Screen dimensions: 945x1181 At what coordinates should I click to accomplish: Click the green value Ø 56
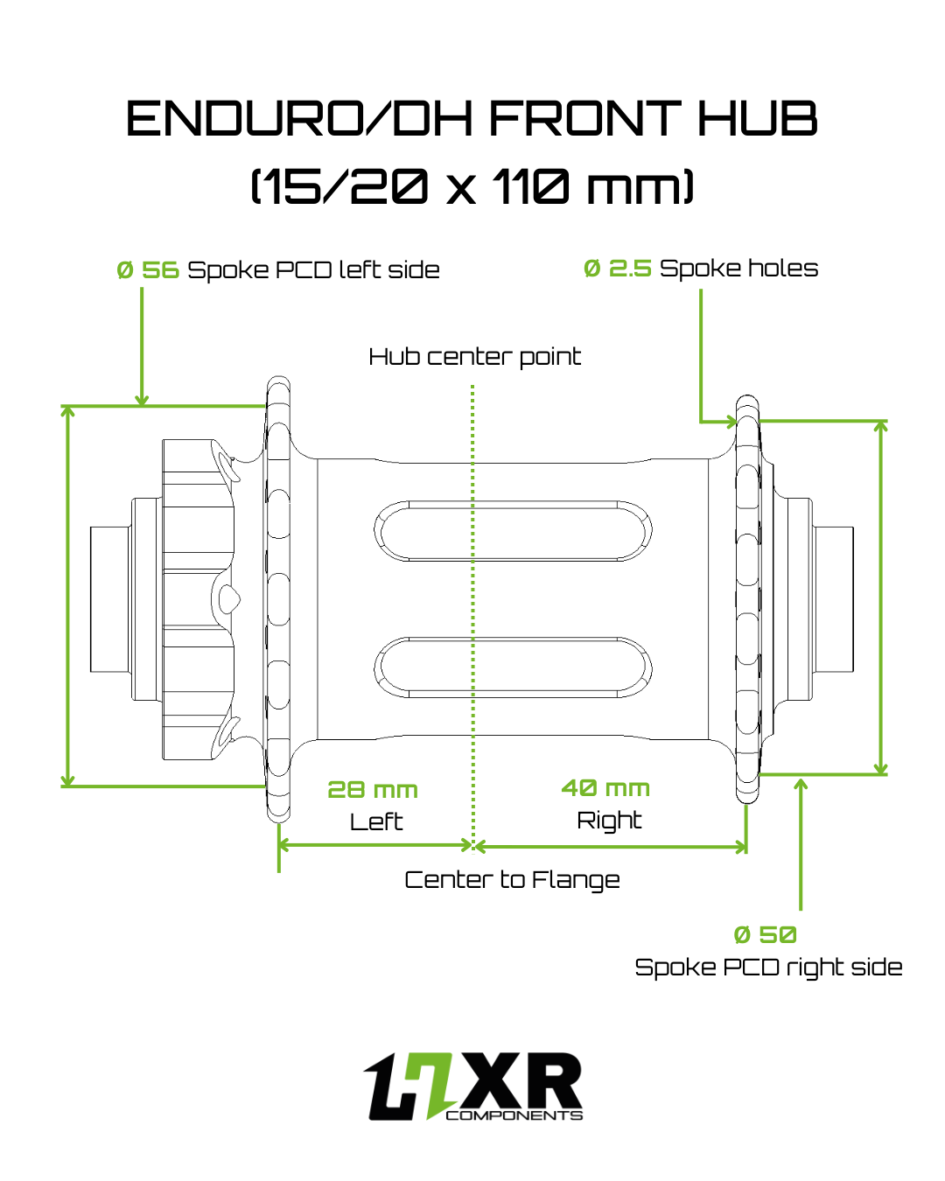click(148, 269)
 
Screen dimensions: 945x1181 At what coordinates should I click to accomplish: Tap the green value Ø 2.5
click(617, 269)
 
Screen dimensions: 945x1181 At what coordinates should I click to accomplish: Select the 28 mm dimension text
click(372, 790)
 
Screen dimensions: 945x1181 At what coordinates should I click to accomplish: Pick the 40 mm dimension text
click(605, 788)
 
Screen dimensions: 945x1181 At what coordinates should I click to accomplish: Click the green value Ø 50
click(765, 934)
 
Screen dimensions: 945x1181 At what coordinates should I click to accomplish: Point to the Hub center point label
click(474, 357)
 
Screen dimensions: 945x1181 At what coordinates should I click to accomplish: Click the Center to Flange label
click(512, 880)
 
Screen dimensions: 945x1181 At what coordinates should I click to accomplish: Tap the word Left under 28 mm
click(376, 822)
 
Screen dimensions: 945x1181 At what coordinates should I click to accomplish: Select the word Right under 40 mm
click(609, 821)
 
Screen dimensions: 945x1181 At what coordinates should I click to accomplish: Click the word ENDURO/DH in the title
click(299, 118)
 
